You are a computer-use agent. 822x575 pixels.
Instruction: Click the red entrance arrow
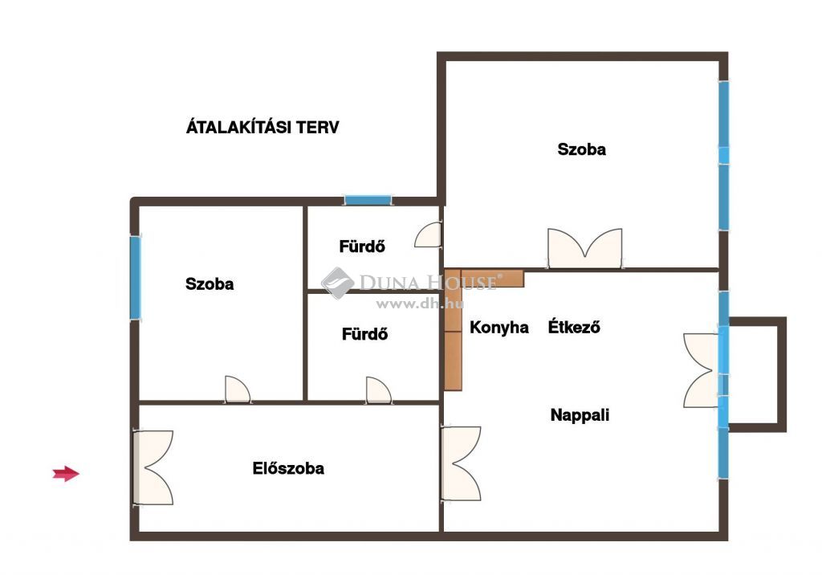(x=66, y=474)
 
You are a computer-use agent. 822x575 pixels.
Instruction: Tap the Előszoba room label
(x=288, y=468)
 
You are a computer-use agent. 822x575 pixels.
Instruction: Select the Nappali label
(x=580, y=415)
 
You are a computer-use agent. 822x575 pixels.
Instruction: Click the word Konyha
(x=499, y=328)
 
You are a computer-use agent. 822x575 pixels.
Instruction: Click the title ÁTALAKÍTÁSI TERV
(x=262, y=127)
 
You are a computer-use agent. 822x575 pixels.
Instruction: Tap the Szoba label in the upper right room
(x=581, y=149)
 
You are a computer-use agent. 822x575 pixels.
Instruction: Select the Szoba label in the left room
(x=210, y=283)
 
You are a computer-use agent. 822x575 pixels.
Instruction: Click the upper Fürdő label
(x=362, y=246)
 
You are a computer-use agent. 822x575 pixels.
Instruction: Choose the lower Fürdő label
(x=365, y=333)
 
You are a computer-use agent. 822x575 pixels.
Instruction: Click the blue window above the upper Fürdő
(x=368, y=200)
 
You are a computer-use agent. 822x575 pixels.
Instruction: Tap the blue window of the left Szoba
(x=135, y=278)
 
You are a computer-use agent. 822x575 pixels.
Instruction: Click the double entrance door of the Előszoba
(x=153, y=468)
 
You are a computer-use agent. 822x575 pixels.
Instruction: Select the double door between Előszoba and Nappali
(x=462, y=463)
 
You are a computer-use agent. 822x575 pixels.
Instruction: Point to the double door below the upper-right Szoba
(x=585, y=248)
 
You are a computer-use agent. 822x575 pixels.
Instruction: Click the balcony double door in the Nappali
(x=700, y=370)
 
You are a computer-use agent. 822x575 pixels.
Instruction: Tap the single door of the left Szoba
(x=238, y=389)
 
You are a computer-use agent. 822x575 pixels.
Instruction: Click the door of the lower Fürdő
(x=379, y=389)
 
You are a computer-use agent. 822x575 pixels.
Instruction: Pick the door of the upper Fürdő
(x=428, y=234)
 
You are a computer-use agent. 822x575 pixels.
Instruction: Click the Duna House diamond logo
(x=337, y=283)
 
